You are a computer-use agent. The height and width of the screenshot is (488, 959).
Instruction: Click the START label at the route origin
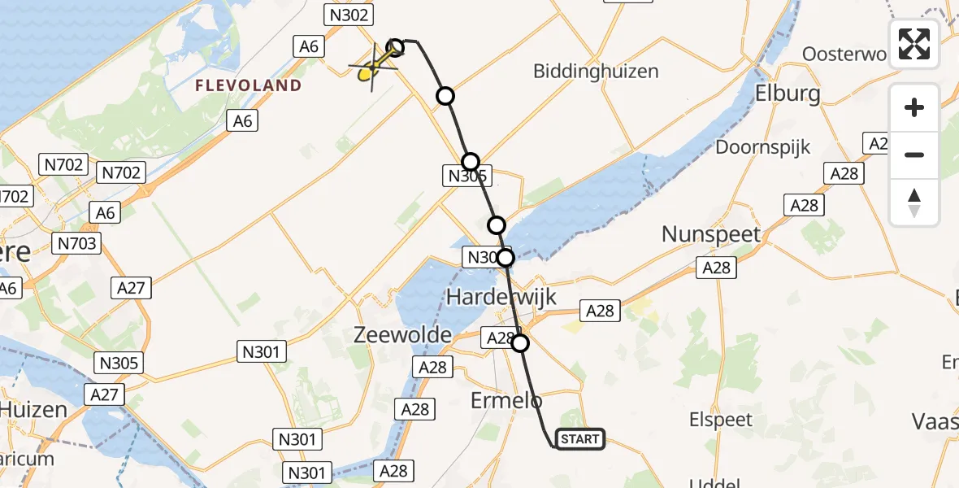point(580,439)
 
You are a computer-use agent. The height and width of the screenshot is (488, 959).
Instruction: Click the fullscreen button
point(914,44)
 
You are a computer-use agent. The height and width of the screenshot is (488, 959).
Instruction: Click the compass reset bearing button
point(914,203)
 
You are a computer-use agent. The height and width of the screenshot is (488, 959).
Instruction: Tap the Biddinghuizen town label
point(596,72)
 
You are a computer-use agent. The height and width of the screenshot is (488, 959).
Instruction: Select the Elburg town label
point(788,93)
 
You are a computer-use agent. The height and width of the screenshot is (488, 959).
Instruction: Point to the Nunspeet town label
point(711,234)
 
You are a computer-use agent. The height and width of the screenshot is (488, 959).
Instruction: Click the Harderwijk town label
point(501,297)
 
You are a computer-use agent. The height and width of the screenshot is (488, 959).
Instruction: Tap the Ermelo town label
point(506,400)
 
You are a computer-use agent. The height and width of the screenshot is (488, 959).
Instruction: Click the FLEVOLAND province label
point(247,85)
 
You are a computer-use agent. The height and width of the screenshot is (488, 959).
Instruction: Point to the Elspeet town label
point(721,420)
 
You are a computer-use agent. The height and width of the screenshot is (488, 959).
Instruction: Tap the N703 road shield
point(76,242)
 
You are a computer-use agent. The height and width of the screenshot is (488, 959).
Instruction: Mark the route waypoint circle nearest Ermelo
point(520,343)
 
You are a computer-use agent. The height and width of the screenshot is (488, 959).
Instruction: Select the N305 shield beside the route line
point(466,175)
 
